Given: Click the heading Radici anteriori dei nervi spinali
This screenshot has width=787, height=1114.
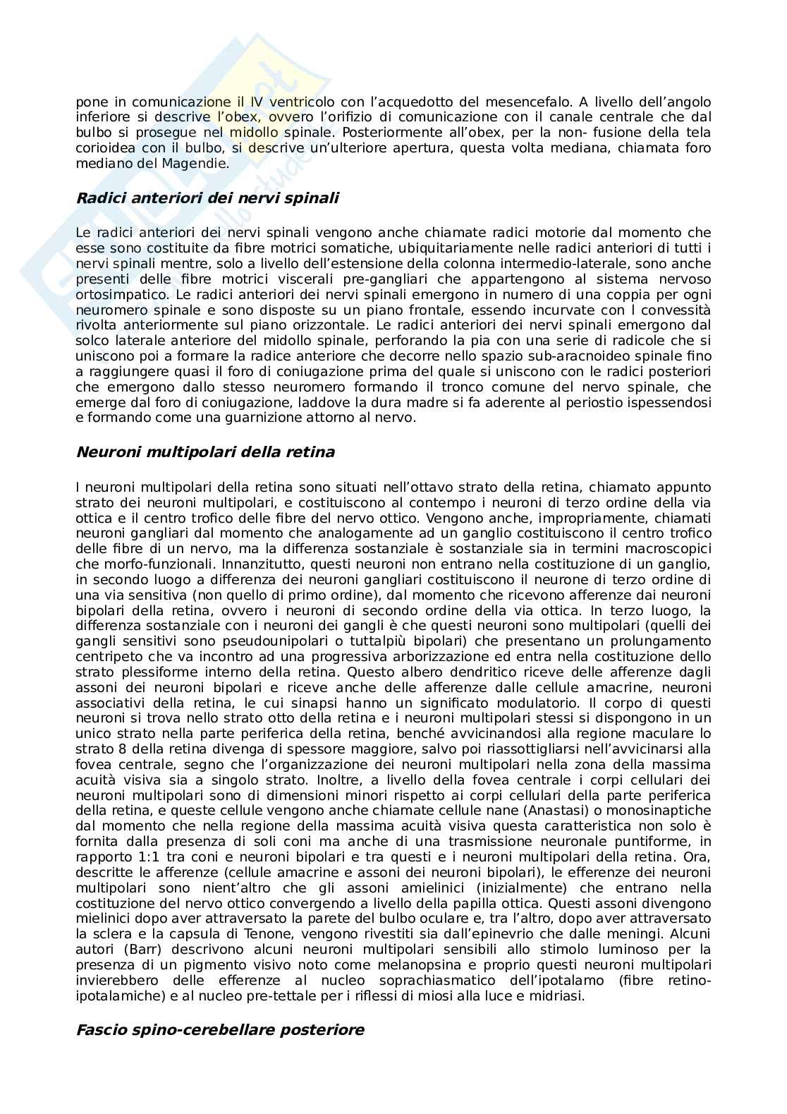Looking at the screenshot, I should [207, 198].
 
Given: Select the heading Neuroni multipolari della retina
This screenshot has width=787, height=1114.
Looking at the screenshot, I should [205, 452].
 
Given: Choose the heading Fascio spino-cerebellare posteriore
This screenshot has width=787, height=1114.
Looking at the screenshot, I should [220, 1030].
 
